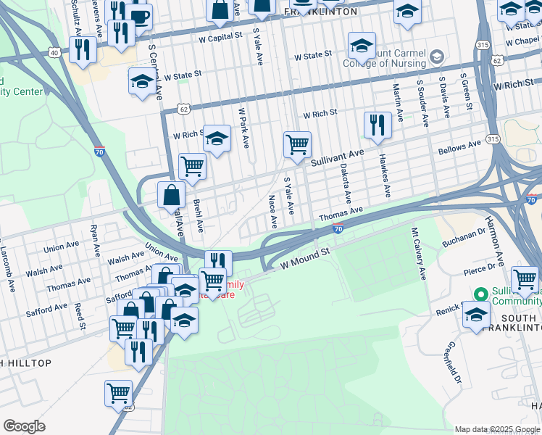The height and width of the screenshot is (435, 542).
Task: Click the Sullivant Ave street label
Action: [x=337, y=154]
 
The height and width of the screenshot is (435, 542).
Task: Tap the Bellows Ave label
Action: [x=459, y=147]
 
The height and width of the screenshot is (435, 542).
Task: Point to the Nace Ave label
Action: [x=273, y=210]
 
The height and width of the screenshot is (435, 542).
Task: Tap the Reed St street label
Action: [x=79, y=318]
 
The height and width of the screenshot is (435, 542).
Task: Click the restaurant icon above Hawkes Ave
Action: [x=377, y=125]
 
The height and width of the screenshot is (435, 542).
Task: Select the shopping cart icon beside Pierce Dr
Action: [x=524, y=279]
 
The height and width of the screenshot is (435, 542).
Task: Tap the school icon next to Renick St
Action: [x=476, y=315]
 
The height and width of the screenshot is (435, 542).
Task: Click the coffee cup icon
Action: [x=141, y=16]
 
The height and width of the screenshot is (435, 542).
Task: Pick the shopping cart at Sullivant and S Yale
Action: [x=297, y=144]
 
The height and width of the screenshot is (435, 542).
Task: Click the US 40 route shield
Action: [x=54, y=52]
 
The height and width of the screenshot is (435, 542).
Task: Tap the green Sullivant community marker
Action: [x=479, y=294]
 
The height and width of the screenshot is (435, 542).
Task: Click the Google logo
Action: [x=24, y=426]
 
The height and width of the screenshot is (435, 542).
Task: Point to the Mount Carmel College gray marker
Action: [x=436, y=56]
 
